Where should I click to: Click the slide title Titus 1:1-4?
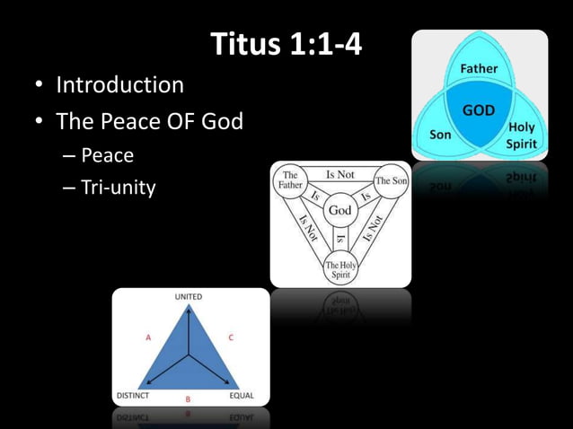(x=286, y=43)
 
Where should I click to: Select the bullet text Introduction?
(x=119, y=85)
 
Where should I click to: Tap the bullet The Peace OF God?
(x=149, y=120)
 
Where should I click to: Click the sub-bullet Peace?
(x=107, y=155)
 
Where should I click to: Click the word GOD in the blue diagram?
(x=478, y=110)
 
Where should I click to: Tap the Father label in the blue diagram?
(x=479, y=69)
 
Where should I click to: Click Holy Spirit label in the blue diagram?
(x=521, y=135)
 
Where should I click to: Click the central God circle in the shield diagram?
(x=339, y=209)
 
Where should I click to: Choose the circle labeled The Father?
(x=290, y=179)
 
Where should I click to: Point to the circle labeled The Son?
(x=391, y=180)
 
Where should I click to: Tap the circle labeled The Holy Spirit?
(x=340, y=267)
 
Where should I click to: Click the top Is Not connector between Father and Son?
(x=340, y=174)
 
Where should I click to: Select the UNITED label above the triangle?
(x=188, y=296)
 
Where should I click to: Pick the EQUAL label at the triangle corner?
(x=242, y=395)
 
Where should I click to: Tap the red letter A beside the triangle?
(x=147, y=337)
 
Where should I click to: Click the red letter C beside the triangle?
(x=231, y=337)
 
